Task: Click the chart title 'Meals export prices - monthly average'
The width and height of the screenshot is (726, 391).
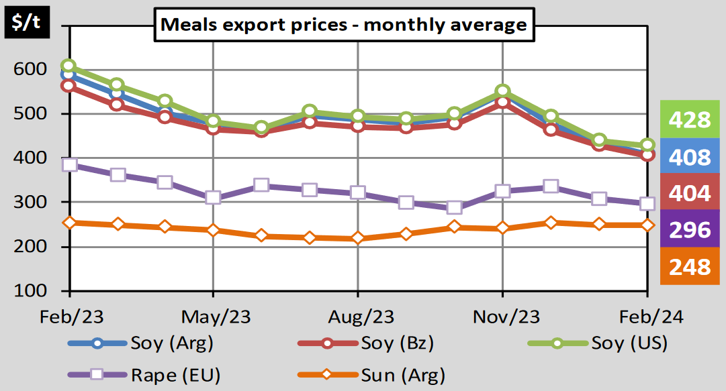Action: (343, 25)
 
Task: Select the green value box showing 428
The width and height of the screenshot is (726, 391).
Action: (689, 120)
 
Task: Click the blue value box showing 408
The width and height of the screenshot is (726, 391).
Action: (689, 157)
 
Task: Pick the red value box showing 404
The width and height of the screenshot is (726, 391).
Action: (689, 193)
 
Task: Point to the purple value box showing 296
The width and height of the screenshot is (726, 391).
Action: (689, 230)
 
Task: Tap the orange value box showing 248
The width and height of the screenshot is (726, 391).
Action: (689, 266)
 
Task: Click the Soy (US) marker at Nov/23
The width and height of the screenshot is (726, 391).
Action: (502, 91)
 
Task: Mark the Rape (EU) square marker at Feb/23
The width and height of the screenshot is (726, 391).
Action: (69, 165)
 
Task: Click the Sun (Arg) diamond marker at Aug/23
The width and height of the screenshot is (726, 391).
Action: (357, 238)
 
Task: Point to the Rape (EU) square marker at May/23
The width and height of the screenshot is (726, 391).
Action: (214, 198)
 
